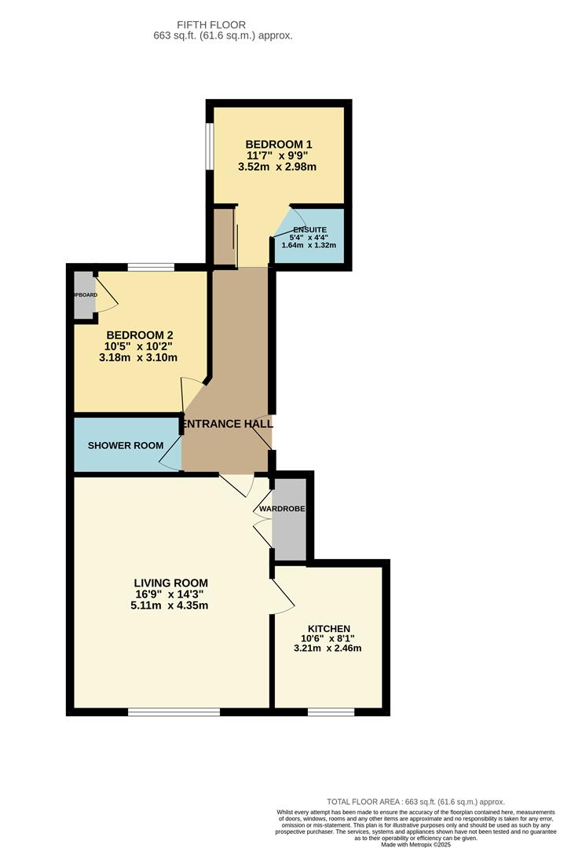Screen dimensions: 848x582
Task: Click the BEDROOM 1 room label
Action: click(x=279, y=144)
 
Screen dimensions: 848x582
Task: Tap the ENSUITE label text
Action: click(x=309, y=230)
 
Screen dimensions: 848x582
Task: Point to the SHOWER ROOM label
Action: click(x=126, y=446)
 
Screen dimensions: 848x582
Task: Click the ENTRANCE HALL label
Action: click(x=227, y=424)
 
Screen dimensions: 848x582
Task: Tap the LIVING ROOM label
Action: click(x=170, y=583)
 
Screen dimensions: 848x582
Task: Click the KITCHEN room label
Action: click(x=329, y=629)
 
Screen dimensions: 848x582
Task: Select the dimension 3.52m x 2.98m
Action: click(x=279, y=166)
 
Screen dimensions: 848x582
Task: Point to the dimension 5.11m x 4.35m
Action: click(x=170, y=605)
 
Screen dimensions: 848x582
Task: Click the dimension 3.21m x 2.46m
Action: click(x=329, y=649)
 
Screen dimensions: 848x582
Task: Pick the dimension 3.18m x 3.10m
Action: click(x=138, y=357)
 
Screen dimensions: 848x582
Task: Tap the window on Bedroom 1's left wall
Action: click(x=209, y=146)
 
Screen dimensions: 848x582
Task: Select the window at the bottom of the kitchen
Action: click(x=330, y=712)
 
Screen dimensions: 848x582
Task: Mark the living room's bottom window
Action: click(x=174, y=712)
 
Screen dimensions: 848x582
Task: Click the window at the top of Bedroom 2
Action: click(x=151, y=268)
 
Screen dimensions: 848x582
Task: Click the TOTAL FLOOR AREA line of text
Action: click(x=415, y=802)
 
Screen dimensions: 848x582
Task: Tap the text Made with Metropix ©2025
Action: click(x=415, y=844)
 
